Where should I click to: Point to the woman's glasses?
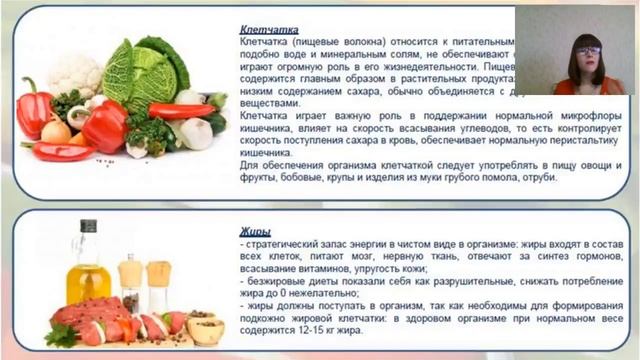(587, 49)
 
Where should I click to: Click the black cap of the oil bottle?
(89, 227)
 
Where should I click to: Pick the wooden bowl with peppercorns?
(204, 327)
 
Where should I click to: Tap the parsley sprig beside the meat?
(60, 335)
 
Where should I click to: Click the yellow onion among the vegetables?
(56, 130)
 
